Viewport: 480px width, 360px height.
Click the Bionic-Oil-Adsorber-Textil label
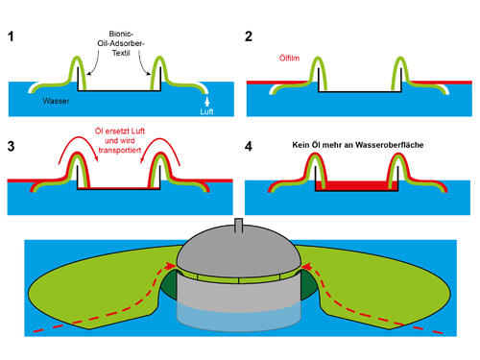(x=119, y=47)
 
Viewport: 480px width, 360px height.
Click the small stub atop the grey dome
(x=240, y=227)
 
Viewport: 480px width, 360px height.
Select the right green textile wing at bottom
(x=384, y=288)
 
